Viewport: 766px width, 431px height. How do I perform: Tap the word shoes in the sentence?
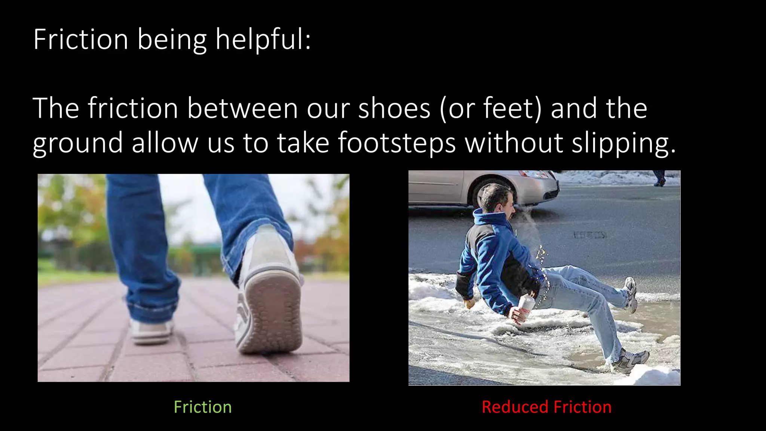(394, 108)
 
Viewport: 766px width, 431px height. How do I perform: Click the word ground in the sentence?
(77, 143)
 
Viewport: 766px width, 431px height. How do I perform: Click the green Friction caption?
(202, 407)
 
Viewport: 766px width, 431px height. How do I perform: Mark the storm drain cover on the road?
(590, 235)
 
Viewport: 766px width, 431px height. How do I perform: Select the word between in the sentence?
(242, 108)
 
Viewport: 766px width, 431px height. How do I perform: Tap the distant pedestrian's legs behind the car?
(659, 178)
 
